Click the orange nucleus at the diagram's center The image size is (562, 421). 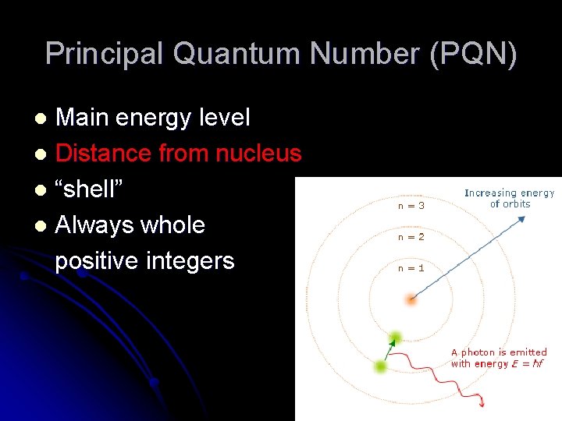point(412,299)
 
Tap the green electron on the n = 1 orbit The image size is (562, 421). point(396,338)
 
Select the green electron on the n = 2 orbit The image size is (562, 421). point(382,366)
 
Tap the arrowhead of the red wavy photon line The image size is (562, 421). point(483,403)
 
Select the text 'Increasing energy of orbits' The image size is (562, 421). point(509,198)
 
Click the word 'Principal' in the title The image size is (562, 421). point(105,54)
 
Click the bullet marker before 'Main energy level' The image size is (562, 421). point(44,119)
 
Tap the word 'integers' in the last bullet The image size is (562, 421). point(190,260)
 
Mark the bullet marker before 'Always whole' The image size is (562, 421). point(44,226)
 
